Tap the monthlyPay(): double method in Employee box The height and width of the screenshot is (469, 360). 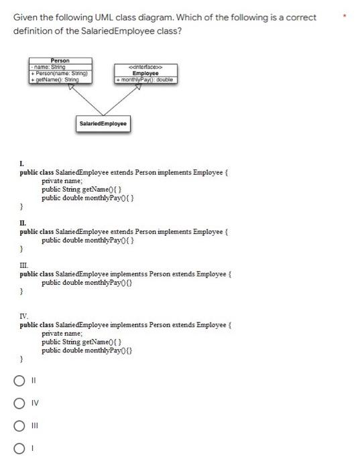tap(145, 79)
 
